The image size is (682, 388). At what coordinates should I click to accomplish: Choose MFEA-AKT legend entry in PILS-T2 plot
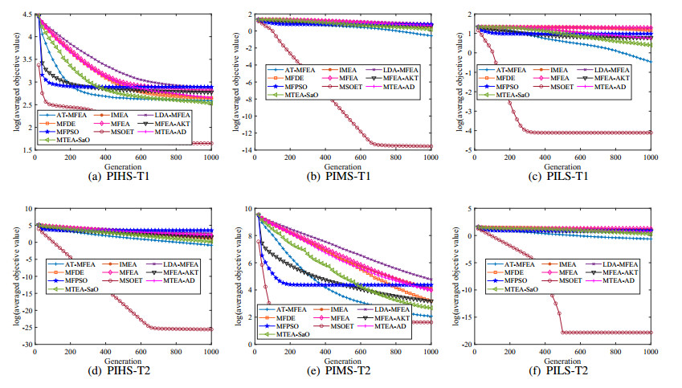(x=616, y=272)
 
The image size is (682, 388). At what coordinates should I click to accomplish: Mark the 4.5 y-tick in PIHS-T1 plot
(x=27, y=14)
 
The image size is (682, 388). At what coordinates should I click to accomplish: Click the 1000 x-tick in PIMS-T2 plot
(x=431, y=350)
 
